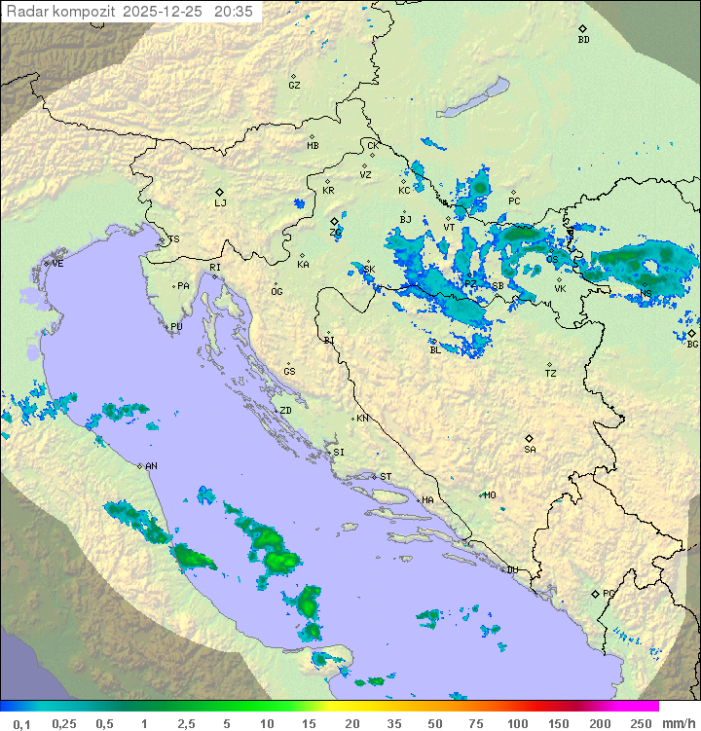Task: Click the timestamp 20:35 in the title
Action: (x=233, y=11)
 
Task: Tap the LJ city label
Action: (x=220, y=202)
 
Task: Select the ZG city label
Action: (x=335, y=233)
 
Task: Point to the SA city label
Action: (x=530, y=449)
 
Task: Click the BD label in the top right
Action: (x=583, y=40)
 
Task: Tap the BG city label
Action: (x=692, y=344)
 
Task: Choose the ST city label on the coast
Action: (x=386, y=477)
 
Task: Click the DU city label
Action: (x=511, y=570)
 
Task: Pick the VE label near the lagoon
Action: (x=57, y=264)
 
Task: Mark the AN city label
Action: (x=151, y=466)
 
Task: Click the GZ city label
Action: (x=294, y=86)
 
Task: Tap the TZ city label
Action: (x=551, y=374)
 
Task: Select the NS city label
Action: (x=646, y=294)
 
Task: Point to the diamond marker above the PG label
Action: (x=595, y=593)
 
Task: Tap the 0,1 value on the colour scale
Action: (x=21, y=723)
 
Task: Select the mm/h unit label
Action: (x=678, y=723)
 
